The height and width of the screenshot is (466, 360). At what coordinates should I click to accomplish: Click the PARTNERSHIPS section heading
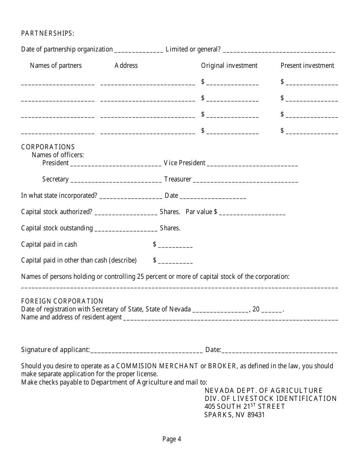coord(48,33)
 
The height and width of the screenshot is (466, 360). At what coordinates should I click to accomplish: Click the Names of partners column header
coord(56,66)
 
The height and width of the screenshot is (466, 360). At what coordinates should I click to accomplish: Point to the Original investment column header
coord(229,66)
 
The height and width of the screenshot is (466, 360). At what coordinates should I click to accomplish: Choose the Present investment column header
coord(307,66)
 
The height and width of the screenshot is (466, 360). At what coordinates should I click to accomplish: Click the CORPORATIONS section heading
coord(48,147)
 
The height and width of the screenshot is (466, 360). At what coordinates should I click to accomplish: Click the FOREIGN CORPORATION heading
coord(62,301)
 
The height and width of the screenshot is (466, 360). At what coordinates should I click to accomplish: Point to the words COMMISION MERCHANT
coord(157,366)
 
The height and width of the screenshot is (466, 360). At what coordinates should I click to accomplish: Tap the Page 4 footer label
coord(172,439)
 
